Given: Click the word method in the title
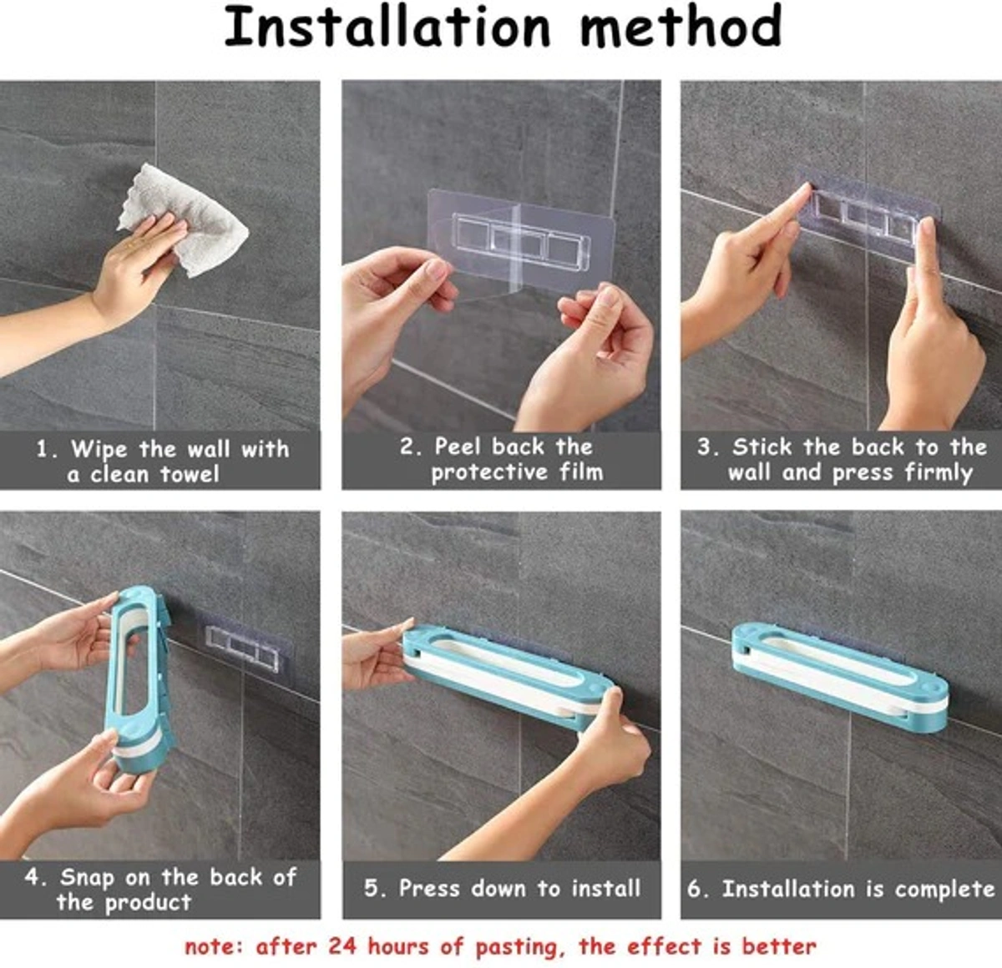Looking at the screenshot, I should click(681, 27).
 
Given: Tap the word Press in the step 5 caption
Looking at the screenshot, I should click(429, 888).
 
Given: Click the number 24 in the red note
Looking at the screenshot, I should click(342, 946).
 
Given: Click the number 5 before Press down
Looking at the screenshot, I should click(372, 888).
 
